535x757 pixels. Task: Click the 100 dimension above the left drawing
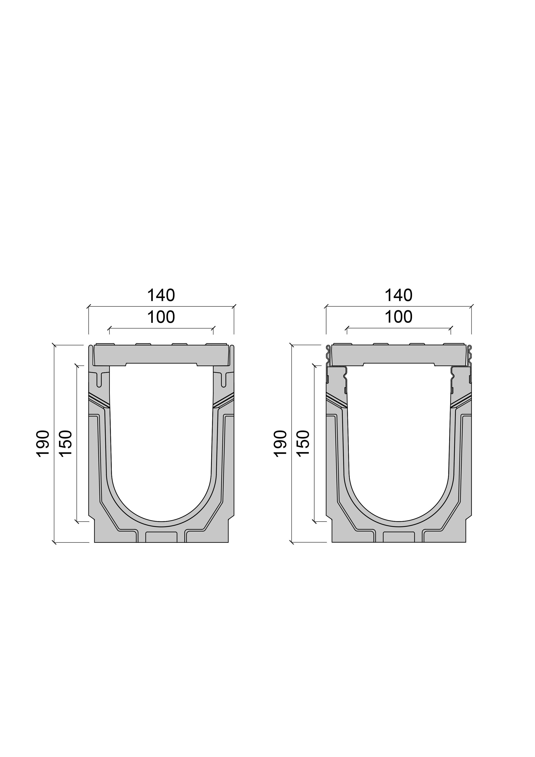(x=161, y=317)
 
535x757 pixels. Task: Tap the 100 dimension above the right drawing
(x=398, y=317)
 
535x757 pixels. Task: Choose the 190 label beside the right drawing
(x=280, y=443)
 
